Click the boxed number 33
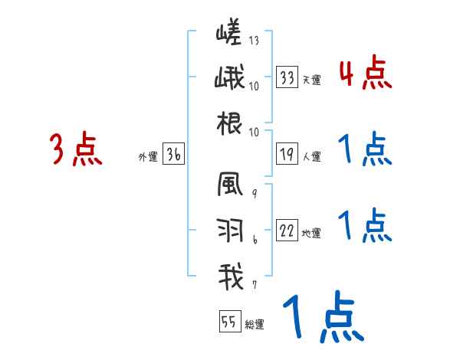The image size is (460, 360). coord(287,77)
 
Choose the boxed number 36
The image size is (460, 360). coord(173,154)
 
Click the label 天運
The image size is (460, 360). coord(311,80)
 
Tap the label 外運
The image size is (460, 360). coord(147,157)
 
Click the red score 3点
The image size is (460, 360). coord(76,149)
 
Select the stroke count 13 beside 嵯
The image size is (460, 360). coord(254,40)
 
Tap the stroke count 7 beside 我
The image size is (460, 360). coord(255,285)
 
